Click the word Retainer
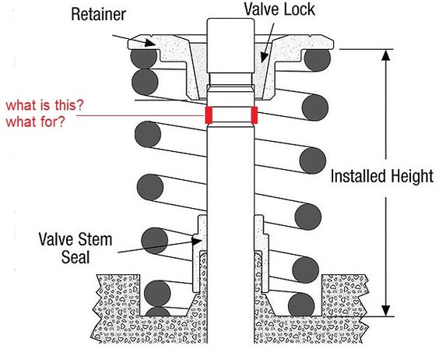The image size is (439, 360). click(98, 15)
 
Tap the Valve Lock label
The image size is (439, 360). click(279, 9)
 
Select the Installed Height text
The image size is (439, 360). click(382, 176)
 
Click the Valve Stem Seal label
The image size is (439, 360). click(76, 248)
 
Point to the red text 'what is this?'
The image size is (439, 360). click(45, 105)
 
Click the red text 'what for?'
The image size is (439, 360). click(35, 122)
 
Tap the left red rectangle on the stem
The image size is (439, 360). click(209, 115)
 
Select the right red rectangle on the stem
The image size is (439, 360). click(255, 115)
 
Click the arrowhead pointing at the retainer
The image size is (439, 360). click(150, 43)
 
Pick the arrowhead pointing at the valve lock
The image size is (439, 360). click(264, 57)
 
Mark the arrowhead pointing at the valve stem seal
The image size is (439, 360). click(197, 241)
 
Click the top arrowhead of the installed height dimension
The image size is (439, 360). click(386, 55)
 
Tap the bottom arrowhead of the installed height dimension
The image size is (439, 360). click(386, 311)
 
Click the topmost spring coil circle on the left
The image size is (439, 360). click(144, 58)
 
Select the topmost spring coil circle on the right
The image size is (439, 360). click(318, 59)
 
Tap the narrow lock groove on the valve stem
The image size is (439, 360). click(230, 79)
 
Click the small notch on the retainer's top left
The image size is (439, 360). click(151, 36)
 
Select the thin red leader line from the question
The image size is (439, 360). click(141, 115)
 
